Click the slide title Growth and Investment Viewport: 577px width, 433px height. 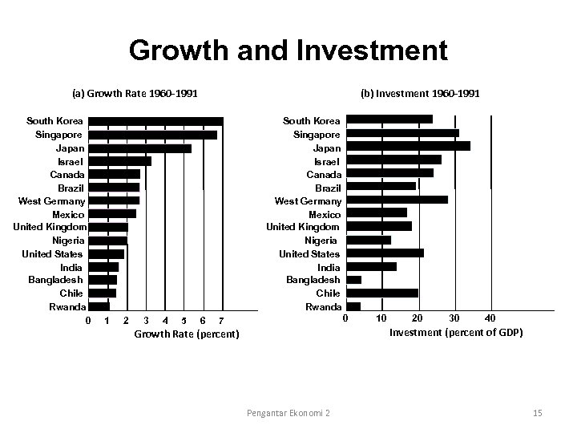[x=288, y=51]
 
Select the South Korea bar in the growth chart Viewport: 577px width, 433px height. [x=155, y=121]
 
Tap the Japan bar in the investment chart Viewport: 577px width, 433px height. [x=408, y=146]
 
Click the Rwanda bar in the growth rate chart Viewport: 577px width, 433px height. [x=99, y=306]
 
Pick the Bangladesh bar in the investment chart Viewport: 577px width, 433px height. [x=353, y=280]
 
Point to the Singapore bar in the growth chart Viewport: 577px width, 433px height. [x=152, y=135]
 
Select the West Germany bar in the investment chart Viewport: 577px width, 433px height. [x=397, y=200]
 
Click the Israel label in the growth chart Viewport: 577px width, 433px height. [x=69, y=161]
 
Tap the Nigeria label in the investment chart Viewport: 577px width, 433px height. [x=321, y=241]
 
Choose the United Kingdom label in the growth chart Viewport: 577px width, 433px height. [x=50, y=228]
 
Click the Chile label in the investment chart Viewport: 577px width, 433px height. [x=328, y=293]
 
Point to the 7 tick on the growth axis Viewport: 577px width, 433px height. [x=221, y=322]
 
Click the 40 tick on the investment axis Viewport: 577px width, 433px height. [x=490, y=318]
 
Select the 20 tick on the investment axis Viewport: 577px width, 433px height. [x=418, y=318]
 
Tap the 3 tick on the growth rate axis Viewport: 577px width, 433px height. [x=145, y=322]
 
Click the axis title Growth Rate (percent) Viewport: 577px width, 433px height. [x=186, y=334]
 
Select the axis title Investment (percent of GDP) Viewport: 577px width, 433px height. [x=455, y=332]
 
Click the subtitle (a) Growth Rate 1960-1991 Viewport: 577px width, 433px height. [x=135, y=94]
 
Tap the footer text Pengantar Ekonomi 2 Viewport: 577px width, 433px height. [x=288, y=413]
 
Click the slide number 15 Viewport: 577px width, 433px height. [x=537, y=413]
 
